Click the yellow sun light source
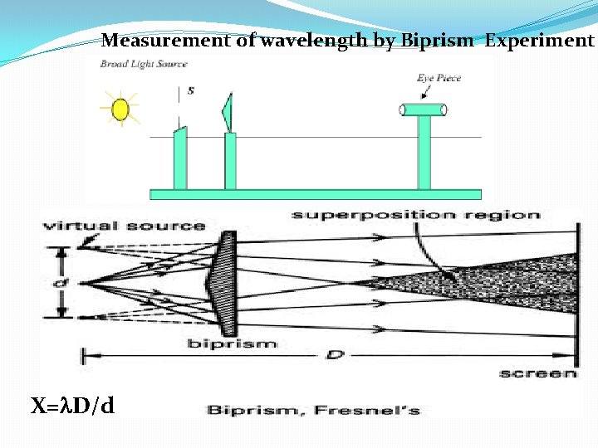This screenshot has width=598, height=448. tap(120, 109)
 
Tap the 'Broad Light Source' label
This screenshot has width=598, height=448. tap(144, 64)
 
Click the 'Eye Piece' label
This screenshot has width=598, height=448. tap(439, 78)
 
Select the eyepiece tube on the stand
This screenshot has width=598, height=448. tap(424, 110)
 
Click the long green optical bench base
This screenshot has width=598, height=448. tap(315, 194)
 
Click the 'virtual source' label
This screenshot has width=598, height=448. tap(124, 226)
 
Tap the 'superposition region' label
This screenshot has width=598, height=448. tap(415, 215)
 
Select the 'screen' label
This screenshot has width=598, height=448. tap(537, 373)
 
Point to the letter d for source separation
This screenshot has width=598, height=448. tap(56, 284)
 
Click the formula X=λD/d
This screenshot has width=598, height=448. tap(73, 406)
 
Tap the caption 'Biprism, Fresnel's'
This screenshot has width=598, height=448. tap(313, 409)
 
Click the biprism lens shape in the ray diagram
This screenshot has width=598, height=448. tap(227, 282)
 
